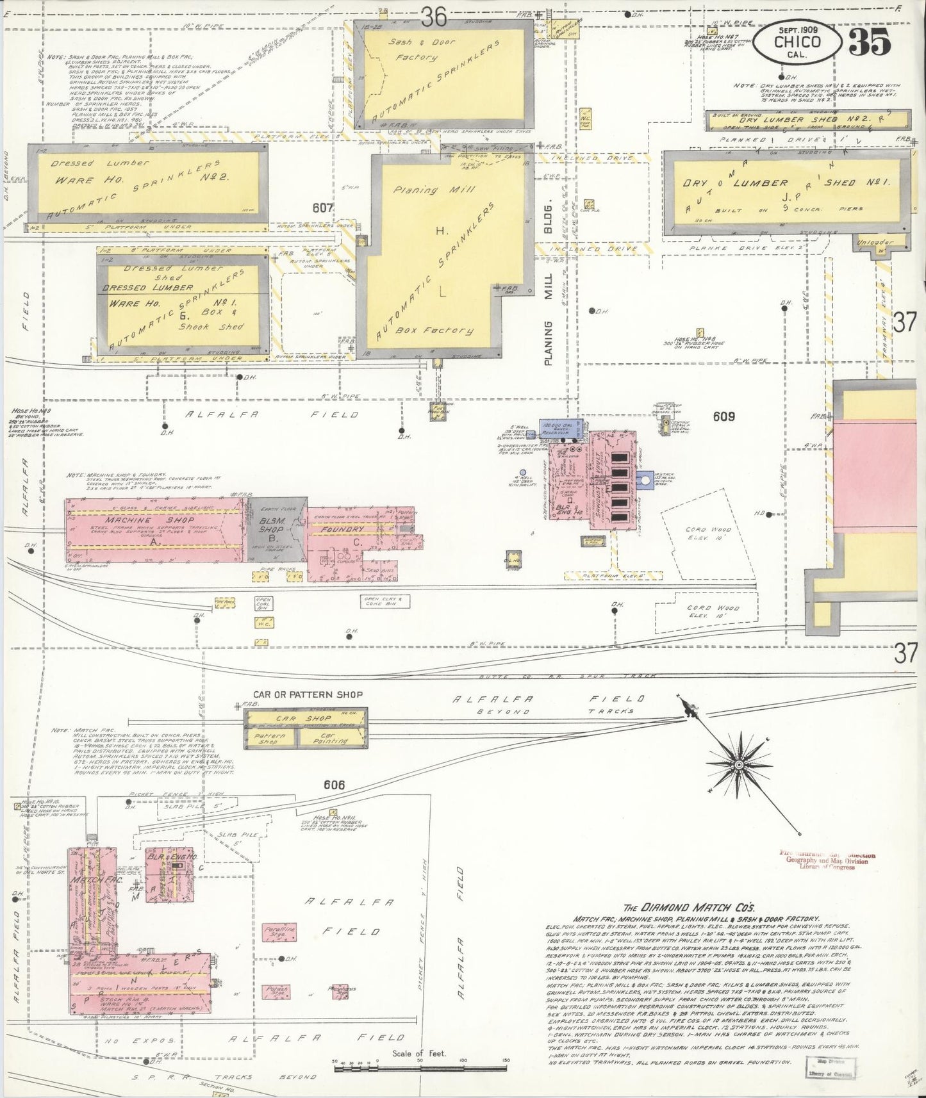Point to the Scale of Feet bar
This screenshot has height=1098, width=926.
coord(420,1061)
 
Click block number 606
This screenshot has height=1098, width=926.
coord(334,785)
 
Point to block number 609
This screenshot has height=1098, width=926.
coord(723,416)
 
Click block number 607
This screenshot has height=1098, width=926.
coord(323,208)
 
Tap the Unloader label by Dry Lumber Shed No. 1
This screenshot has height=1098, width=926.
coord(882,242)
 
